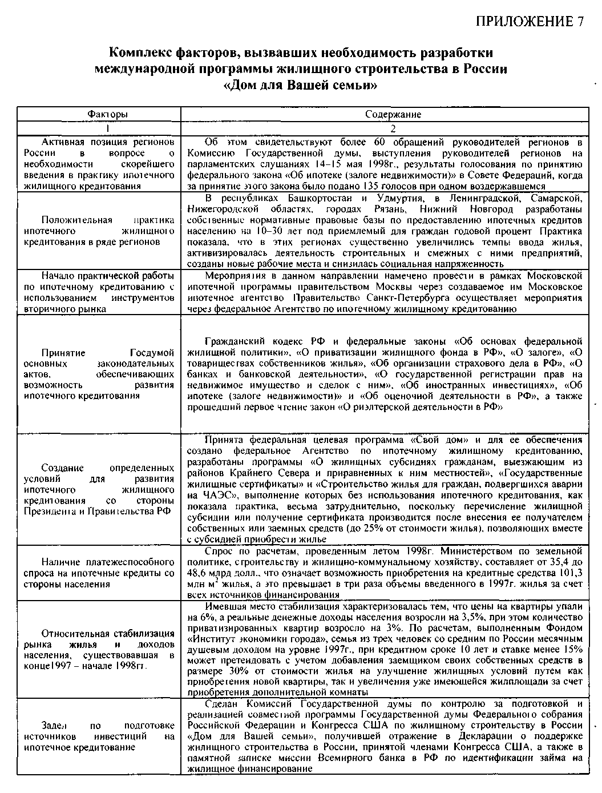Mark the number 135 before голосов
coord(373,186)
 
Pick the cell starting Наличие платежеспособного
coord(99,573)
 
